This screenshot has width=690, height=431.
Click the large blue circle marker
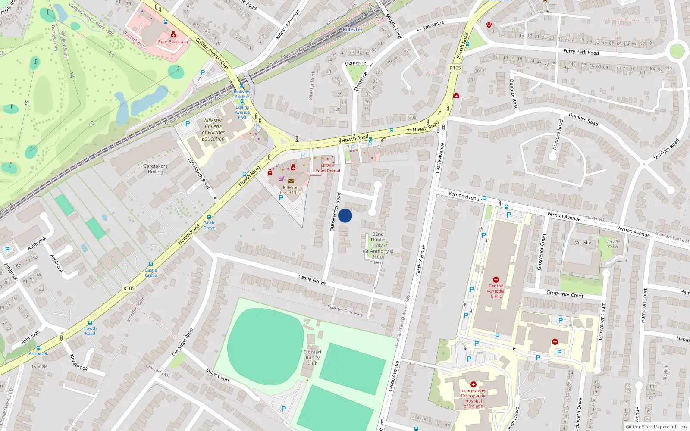(345, 215)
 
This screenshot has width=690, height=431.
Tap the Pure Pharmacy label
(173, 42)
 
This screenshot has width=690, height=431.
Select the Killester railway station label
(352, 29)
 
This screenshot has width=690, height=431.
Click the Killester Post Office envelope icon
(291, 181)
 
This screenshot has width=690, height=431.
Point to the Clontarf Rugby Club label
(312, 357)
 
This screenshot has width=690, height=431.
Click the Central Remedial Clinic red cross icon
(496, 280)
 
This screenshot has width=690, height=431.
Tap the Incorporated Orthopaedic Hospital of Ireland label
(473, 398)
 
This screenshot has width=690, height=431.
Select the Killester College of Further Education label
(213, 129)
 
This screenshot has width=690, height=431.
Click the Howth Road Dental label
(327, 168)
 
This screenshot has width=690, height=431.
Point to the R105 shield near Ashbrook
(129, 288)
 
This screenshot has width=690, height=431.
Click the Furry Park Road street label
(581, 52)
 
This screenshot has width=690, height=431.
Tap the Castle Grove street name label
(312, 279)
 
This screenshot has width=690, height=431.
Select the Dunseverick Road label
(335, 212)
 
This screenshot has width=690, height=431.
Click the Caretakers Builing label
(156, 169)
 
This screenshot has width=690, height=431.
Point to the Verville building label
(583, 243)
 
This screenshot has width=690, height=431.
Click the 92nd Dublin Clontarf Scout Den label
(378, 248)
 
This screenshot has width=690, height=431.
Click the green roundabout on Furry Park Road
(677, 51)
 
